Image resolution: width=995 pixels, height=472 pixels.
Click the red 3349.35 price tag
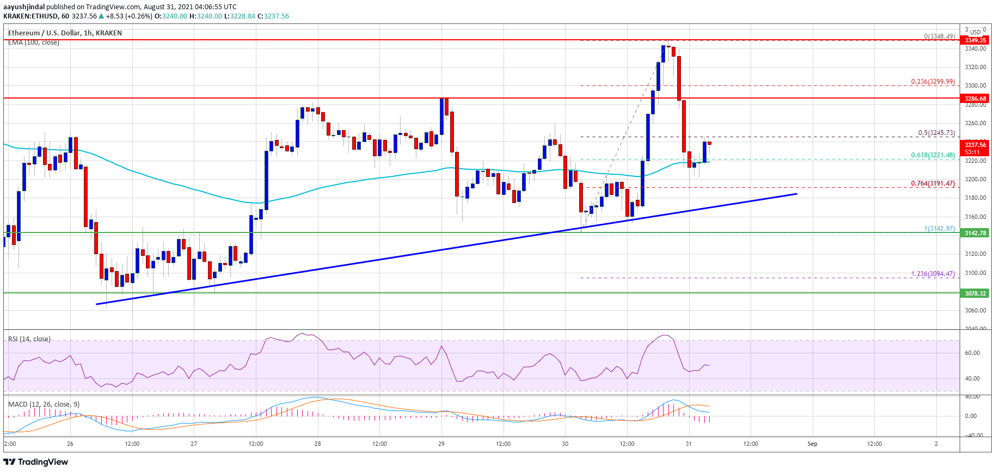975,40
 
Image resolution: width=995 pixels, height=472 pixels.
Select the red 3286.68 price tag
975,99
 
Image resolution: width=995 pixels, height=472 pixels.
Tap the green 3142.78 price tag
975,233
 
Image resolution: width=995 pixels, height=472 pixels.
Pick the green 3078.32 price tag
975,293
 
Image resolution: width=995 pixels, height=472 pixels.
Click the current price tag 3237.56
975,145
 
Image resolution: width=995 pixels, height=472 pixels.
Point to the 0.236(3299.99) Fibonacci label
932,82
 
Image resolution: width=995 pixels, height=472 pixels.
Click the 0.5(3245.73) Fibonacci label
936,133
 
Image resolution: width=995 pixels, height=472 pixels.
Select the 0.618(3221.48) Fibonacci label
932,155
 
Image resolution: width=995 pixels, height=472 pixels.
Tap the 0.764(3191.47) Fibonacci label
932,183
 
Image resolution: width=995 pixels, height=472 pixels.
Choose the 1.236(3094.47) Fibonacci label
932,274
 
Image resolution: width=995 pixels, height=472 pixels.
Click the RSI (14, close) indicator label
29,339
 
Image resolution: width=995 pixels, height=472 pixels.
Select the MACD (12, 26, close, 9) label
44,404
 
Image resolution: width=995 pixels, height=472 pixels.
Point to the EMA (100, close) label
34,42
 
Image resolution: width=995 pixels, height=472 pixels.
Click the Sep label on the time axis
812,444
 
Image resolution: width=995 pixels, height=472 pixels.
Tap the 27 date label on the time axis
194,444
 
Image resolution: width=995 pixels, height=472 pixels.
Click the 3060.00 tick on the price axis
975,310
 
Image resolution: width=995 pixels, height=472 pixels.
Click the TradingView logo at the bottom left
36,462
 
